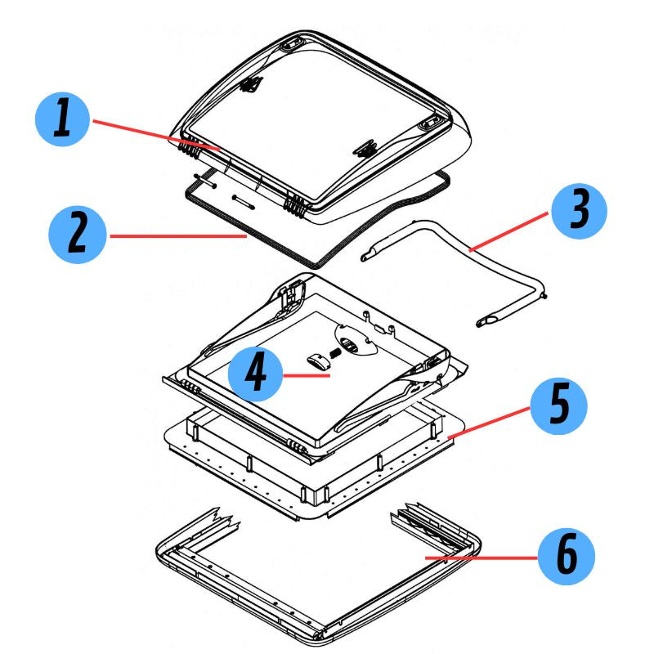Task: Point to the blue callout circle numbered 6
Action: point(566,558)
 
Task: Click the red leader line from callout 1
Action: point(155,135)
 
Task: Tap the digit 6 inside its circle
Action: point(566,558)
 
